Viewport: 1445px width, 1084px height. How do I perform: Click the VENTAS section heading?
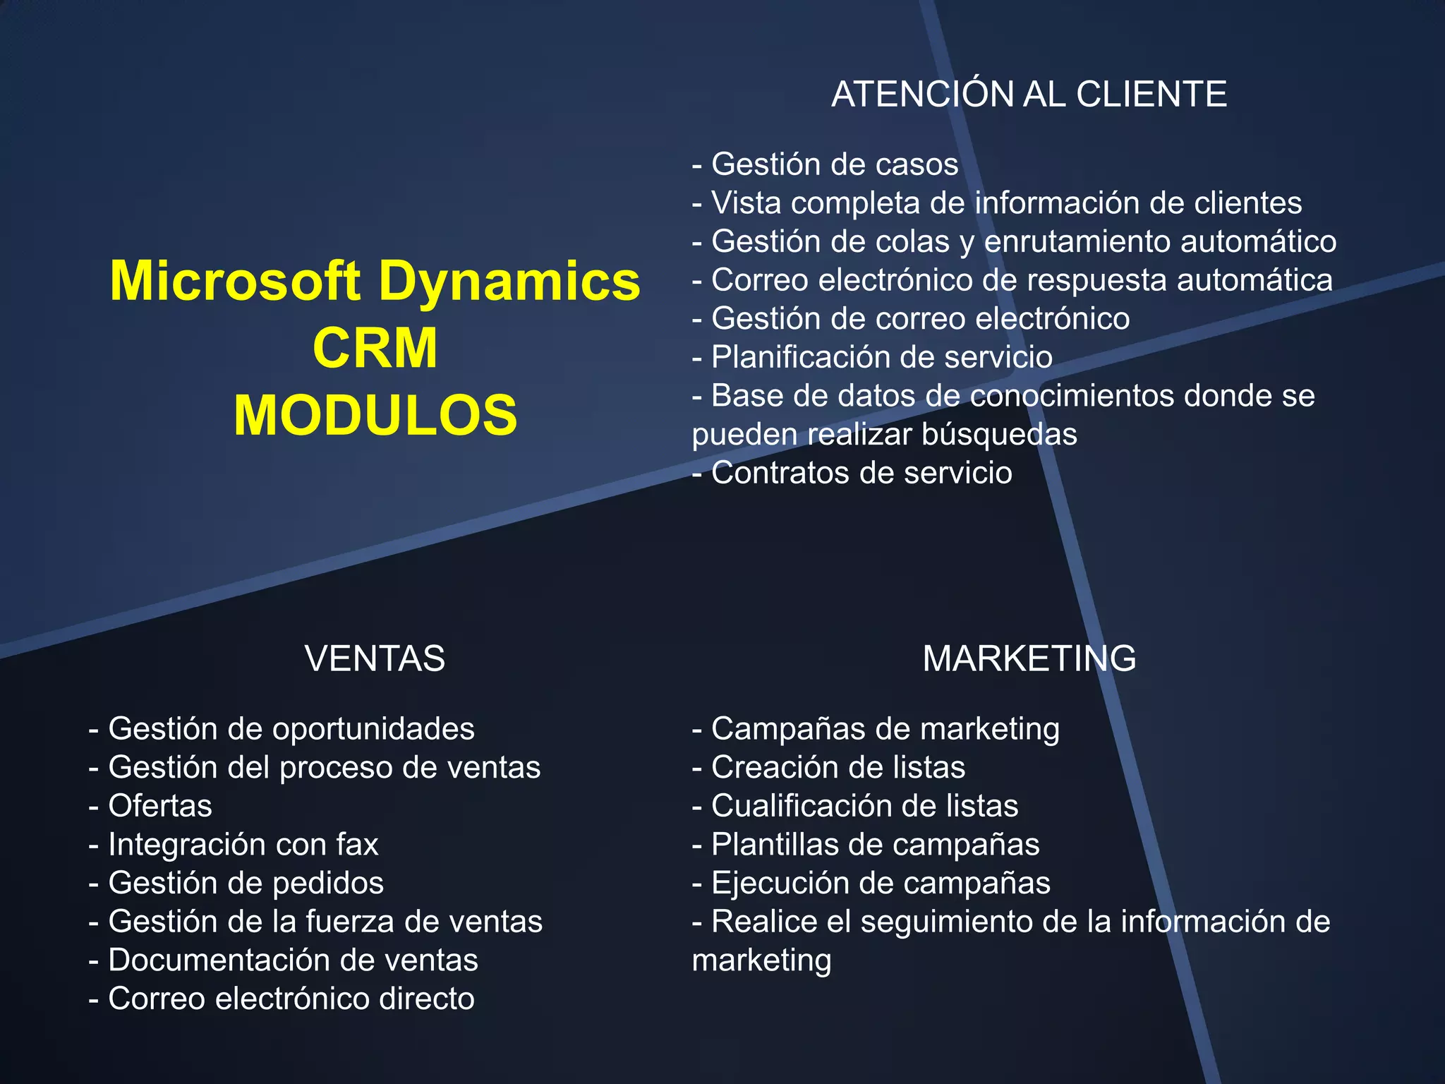(x=375, y=658)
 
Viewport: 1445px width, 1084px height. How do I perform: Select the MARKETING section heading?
(x=1029, y=658)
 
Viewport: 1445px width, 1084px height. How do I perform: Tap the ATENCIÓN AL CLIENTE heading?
(x=1029, y=94)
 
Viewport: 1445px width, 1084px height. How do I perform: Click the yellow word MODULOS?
(x=375, y=415)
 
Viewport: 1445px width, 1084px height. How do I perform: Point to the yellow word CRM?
(x=375, y=348)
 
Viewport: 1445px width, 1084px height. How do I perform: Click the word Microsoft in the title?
(x=235, y=281)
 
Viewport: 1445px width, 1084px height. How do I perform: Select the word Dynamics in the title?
(x=509, y=281)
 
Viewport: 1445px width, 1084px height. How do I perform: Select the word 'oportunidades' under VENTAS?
(x=373, y=729)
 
